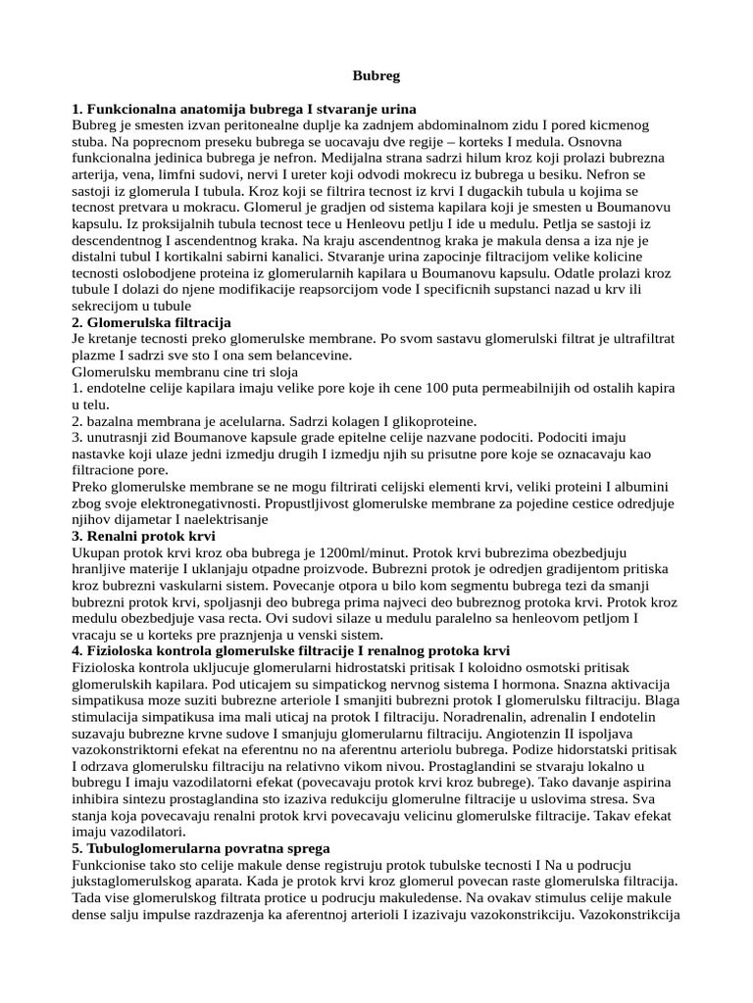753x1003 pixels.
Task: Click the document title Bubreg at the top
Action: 376,74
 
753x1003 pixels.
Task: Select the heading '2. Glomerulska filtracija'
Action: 152,321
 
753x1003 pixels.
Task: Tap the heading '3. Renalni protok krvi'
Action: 144,537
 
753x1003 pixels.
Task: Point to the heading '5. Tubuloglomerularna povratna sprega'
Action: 201,847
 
